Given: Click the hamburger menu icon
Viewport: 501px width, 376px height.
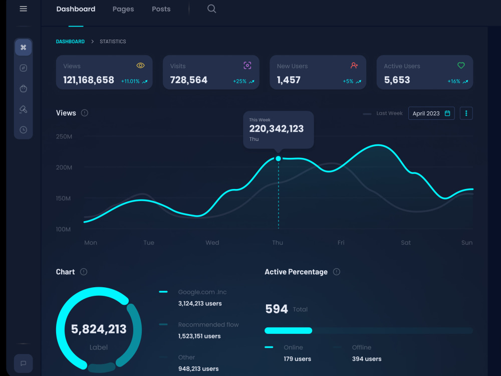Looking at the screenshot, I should tap(23, 9).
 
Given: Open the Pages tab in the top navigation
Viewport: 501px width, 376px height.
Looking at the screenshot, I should tap(123, 9).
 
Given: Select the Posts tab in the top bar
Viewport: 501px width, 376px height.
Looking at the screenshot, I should tap(161, 9).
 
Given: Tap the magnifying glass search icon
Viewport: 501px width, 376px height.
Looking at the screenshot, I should tap(211, 9).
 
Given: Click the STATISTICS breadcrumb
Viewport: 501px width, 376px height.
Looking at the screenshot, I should tap(113, 42).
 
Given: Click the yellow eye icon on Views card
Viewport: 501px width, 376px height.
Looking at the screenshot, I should tap(141, 65).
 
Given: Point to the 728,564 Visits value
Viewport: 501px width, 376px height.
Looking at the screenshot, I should tap(188, 80).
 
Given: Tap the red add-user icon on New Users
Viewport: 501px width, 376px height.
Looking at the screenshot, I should tap(354, 65).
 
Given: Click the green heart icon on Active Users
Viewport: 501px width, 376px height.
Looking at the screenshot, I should tap(461, 65).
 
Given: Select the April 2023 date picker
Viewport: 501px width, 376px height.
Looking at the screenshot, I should tap(431, 113).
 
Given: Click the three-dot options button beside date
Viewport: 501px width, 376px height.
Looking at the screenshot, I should tap(466, 113).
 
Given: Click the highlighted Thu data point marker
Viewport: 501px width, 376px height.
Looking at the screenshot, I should tap(278, 158).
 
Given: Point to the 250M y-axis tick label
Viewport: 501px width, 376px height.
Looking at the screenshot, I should tap(64, 136).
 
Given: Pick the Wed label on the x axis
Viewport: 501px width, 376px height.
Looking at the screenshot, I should tap(212, 243).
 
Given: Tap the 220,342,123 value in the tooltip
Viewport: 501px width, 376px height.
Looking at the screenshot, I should tap(276, 129).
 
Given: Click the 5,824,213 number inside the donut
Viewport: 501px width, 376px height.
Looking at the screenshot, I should tap(99, 329).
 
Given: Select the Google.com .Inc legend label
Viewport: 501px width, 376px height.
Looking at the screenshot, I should tap(202, 292).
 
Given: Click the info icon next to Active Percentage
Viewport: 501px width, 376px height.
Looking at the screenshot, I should tap(337, 272).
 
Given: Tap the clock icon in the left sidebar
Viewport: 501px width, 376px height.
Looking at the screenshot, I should tap(23, 130).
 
